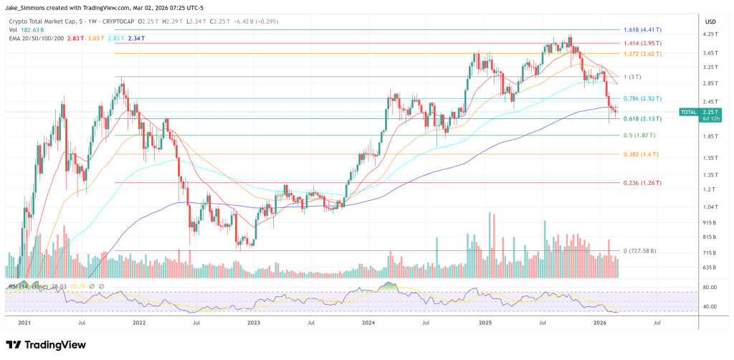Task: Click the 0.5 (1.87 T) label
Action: pyautogui.click(x=639, y=135)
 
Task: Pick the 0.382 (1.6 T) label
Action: pyautogui.click(x=639, y=154)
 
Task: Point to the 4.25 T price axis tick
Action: pyautogui.click(x=710, y=34)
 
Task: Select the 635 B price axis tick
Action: pyautogui.click(x=710, y=267)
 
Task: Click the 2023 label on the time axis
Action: pyautogui.click(x=253, y=324)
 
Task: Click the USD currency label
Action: pyautogui.click(x=710, y=21)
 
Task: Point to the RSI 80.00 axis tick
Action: pyautogui.click(x=710, y=287)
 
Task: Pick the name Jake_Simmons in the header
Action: pyautogui.click(x=25, y=7)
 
